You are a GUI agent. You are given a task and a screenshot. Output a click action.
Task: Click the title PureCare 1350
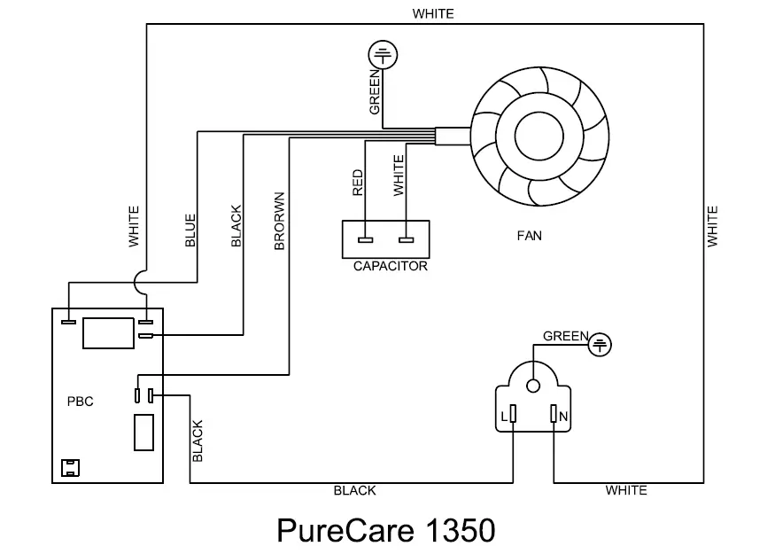(x=385, y=529)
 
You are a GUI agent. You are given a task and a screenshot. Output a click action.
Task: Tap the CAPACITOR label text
(x=390, y=266)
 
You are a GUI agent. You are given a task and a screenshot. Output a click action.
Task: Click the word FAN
(x=529, y=237)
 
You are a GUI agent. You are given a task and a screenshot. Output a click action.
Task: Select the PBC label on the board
(x=80, y=401)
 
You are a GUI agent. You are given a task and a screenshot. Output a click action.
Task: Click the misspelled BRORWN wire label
(x=279, y=221)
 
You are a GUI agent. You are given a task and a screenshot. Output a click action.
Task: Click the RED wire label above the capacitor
(x=358, y=183)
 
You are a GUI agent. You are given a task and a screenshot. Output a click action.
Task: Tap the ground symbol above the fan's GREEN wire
(x=382, y=56)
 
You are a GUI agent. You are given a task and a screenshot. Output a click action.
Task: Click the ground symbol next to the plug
(x=601, y=343)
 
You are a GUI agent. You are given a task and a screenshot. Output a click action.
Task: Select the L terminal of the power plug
(x=514, y=415)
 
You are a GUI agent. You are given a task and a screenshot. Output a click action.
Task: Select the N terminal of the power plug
(x=554, y=415)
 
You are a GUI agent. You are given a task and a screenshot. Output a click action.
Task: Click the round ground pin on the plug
(x=533, y=386)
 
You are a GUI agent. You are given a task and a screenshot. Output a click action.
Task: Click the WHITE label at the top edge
(x=432, y=13)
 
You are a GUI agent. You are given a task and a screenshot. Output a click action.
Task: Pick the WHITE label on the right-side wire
(x=713, y=226)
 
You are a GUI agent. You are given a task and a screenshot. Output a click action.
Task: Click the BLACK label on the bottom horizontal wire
(x=354, y=490)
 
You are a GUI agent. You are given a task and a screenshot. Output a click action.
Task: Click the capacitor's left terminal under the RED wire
(x=364, y=239)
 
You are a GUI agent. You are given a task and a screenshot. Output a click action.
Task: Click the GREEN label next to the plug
(x=565, y=336)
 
